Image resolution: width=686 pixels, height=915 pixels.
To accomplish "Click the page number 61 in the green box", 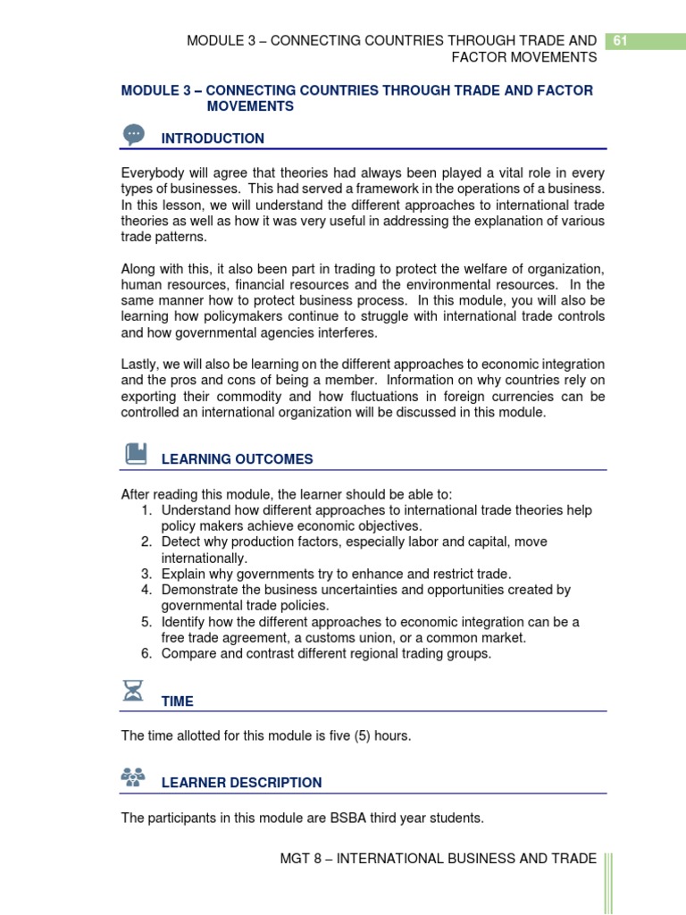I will pyautogui.click(x=620, y=40).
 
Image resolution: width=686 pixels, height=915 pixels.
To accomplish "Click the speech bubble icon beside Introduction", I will pyautogui.click(x=134, y=134).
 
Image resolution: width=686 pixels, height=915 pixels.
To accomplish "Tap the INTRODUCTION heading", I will pyautogui.click(x=213, y=139).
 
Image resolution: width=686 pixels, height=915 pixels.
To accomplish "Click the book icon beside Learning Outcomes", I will pyautogui.click(x=135, y=454).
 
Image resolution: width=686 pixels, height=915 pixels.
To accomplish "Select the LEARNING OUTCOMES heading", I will pyautogui.click(x=237, y=459).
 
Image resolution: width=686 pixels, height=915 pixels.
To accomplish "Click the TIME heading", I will pyautogui.click(x=177, y=701).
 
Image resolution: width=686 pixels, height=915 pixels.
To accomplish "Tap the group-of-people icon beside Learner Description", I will pyautogui.click(x=133, y=776).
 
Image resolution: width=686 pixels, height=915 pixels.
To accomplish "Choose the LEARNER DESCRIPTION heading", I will pyautogui.click(x=241, y=783).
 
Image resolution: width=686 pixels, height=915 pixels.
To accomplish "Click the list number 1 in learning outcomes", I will pyautogui.click(x=146, y=510).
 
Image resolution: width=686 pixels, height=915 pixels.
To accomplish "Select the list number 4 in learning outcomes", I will pyautogui.click(x=146, y=591).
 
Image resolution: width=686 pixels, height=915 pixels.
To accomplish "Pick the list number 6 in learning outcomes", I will pyautogui.click(x=146, y=654).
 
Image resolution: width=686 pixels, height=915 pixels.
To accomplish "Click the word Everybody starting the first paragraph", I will pyautogui.click(x=154, y=173).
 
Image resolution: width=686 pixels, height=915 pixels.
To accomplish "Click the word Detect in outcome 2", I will pyautogui.click(x=182, y=542).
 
